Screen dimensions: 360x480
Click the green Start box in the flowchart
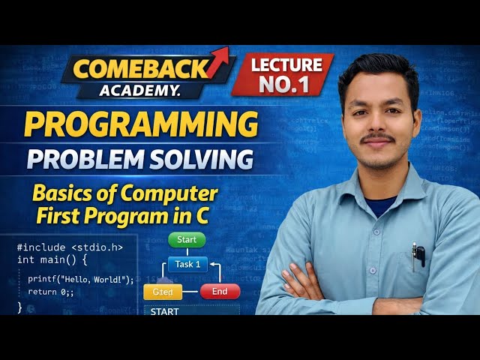[x=187, y=240]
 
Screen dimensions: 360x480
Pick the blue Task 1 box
[x=187, y=264]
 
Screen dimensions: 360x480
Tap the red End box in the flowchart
[x=220, y=292]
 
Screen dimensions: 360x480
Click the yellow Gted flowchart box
[x=163, y=292]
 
